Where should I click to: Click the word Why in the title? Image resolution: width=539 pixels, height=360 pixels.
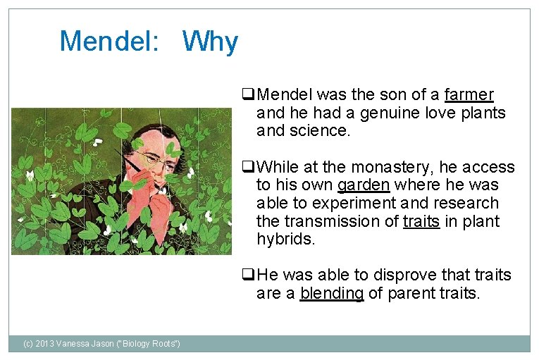click(x=210, y=42)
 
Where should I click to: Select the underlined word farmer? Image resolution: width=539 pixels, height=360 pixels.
click(x=469, y=94)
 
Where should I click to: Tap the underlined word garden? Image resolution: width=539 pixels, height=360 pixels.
click(x=363, y=185)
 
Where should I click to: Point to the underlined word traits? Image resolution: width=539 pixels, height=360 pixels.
click(x=422, y=221)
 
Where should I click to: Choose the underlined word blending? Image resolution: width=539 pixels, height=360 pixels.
click(x=331, y=293)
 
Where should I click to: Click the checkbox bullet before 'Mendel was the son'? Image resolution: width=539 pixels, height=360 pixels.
click(x=247, y=94)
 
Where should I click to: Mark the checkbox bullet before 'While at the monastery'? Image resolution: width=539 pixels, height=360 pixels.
click(x=247, y=168)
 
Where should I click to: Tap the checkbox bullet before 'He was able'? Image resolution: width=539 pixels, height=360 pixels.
click(x=247, y=275)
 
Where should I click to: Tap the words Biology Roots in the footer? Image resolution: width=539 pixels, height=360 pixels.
click(x=150, y=343)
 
